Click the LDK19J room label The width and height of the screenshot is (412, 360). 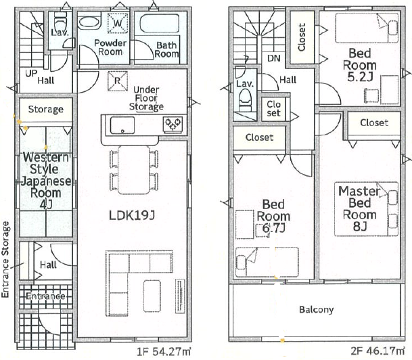pos(132,215)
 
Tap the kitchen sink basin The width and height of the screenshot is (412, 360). pos(122,125)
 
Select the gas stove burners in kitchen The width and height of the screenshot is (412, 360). pos(173,124)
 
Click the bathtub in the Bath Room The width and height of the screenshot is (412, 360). pos(160,24)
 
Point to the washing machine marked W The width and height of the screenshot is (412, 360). pos(118,24)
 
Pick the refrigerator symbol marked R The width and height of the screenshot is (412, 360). pos(118,81)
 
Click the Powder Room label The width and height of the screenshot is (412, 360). pos(110,47)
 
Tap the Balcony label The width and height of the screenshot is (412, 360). pos(317,310)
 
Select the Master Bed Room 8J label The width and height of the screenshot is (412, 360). pos(359,208)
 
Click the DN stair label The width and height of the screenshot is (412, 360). pos(274,58)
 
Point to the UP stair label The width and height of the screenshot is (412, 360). pos(31,73)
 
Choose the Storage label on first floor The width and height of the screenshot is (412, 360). pos(46,110)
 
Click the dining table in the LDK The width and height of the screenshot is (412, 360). pos(134,170)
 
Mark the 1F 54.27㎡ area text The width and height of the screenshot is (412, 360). pos(164,351)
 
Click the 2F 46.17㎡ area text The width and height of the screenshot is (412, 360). pos(378,351)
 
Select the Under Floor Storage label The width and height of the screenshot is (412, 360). pos(146,98)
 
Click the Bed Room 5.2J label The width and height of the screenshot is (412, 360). pos(360,65)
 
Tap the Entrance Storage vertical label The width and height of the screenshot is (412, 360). pos(5,260)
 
